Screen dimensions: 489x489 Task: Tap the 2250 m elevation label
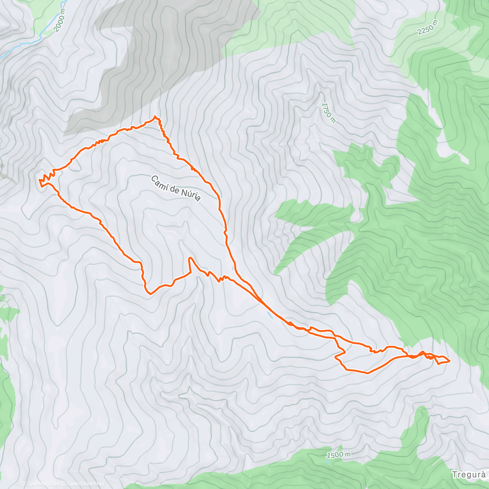pyautogui.click(x=427, y=27)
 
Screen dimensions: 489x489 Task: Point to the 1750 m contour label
pyautogui.click(x=328, y=112)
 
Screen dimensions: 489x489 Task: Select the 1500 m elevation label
pyautogui.click(x=339, y=454)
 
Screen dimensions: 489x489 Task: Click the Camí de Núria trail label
pyautogui.click(x=176, y=188)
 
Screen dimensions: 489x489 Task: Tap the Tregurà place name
pyautogui.click(x=469, y=475)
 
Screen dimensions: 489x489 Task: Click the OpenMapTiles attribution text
pyautogui.click(x=42, y=484)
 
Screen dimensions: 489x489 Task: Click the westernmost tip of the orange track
pyautogui.click(x=39, y=180)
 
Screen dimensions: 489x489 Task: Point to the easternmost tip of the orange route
pyautogui.click(x=449, y=360)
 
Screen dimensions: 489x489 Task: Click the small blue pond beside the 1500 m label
pyautogui.click(x=328, y=463)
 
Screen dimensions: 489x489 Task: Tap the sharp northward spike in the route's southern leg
pyautogui.click(x=189, y=258)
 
